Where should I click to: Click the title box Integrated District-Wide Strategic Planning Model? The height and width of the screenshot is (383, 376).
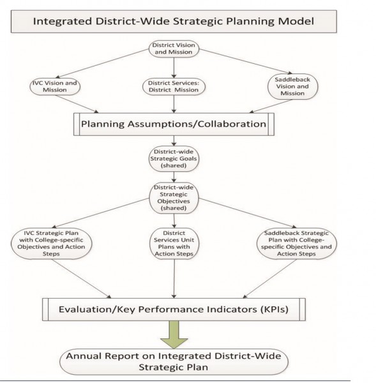(174, 21)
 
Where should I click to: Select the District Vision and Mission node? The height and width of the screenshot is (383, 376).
(174, 49)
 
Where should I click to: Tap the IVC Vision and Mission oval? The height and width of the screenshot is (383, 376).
(55, 86)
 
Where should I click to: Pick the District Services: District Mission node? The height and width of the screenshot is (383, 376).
(174, 86)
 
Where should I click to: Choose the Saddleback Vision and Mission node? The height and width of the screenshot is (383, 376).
(292, 86)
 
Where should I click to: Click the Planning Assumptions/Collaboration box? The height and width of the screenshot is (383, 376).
(174, 124)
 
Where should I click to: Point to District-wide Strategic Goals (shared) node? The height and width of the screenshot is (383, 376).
(174, 159)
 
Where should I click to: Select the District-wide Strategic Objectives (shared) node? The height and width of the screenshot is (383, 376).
(174, 198)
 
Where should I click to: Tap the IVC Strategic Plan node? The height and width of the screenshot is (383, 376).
(51, 244)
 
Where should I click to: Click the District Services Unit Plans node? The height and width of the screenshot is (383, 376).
(174, 244)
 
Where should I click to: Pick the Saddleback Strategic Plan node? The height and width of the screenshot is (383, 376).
(297, 244)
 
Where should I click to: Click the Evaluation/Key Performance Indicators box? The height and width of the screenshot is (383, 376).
(174, 310)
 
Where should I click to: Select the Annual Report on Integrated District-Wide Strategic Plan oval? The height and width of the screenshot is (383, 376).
(174, 362)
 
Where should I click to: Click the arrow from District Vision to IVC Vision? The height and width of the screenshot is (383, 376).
(102, 63)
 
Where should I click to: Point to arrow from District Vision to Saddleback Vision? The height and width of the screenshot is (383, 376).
(246, 61)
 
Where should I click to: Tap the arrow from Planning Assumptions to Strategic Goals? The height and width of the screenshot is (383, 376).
(174, 141)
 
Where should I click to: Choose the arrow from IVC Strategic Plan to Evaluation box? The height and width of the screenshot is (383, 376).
(81, 279)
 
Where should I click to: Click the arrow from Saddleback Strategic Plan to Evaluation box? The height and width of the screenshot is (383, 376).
(270, 279)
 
